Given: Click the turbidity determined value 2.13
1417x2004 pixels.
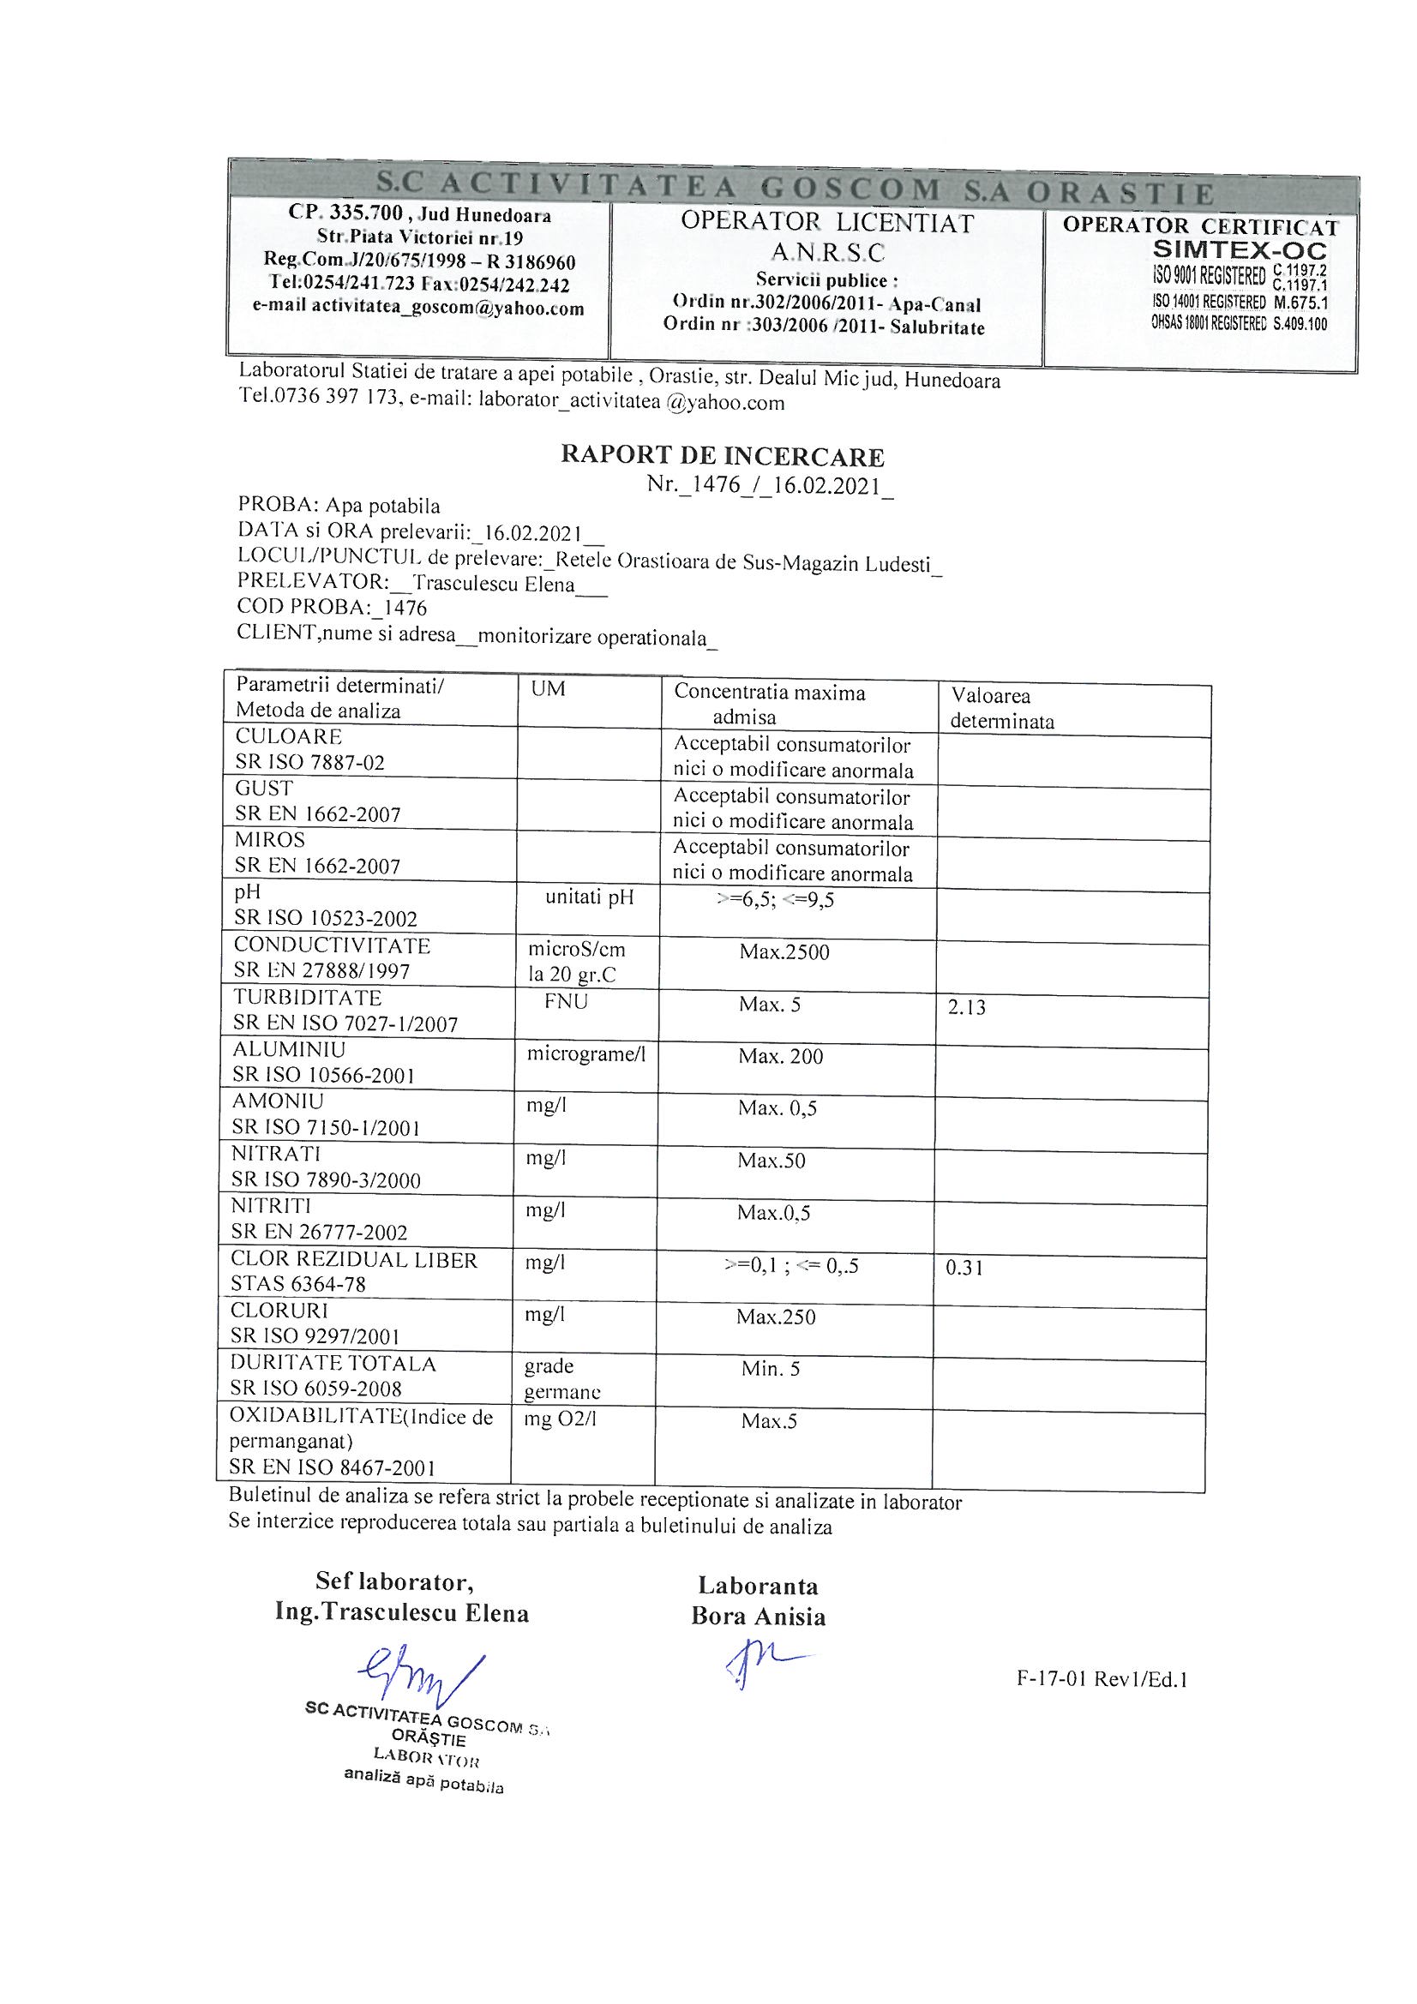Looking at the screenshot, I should click(x=966, y=1007).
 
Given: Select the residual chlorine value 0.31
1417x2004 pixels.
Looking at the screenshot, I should click(x=964, y=1268).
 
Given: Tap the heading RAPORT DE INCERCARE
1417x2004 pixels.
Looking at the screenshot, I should click(x=722, y=456).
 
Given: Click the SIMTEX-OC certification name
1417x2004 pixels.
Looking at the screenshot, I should click(x=1240, y=250).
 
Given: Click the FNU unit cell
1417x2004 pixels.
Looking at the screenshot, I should click(x=566, y=1001).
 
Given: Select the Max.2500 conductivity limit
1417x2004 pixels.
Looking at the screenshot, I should click(x=784, y=951).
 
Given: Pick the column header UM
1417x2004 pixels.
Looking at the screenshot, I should click(x=548, y=688).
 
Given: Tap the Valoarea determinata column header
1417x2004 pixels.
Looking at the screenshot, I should click(x=1001, y=708).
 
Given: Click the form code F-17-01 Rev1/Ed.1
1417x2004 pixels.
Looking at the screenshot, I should click(x=1102, y=1679).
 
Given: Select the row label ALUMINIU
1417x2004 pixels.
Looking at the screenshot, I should click(x=289, y=1049).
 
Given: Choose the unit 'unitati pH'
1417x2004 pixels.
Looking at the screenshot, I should click(x=589, y=897).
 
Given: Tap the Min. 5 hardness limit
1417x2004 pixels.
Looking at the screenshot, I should click(x=770, y=1369).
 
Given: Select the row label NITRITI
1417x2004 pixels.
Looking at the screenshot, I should click(x=271, y=1205).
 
